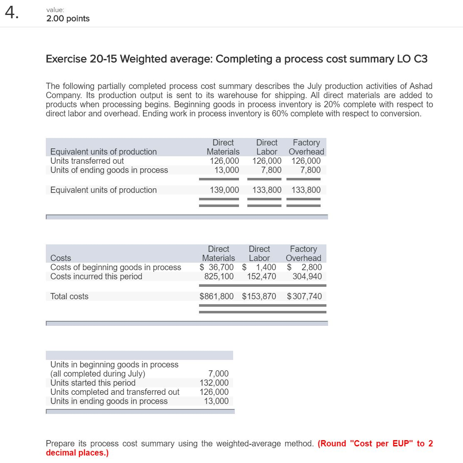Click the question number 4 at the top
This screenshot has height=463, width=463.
12,14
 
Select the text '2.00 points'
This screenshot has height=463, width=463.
68,19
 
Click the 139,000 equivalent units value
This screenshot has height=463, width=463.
224,190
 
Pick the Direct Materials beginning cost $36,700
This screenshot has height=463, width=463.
217,267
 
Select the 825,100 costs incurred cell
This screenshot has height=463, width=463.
219,276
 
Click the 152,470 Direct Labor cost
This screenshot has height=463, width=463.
261,276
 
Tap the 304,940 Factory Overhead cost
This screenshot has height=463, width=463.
307,276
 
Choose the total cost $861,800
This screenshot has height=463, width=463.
217,296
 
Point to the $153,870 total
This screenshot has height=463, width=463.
259,296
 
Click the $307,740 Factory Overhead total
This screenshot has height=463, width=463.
304,296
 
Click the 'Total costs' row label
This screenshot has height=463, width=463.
69,296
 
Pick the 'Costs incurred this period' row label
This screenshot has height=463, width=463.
96,276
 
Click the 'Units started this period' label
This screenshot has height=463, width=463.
93,383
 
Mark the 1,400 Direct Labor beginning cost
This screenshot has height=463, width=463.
266,267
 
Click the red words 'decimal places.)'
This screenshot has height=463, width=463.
77,453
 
